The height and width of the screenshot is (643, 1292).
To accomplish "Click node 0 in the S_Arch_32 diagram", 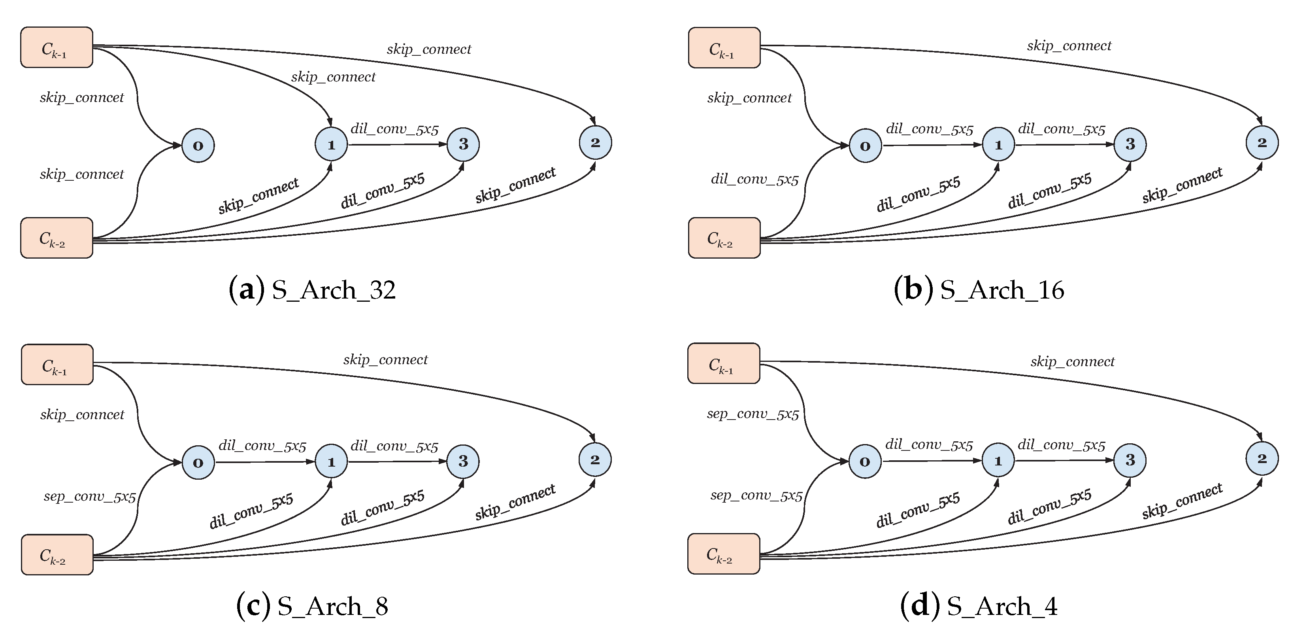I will click(198, 146).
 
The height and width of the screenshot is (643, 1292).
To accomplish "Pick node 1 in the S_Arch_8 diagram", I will click(331, 462).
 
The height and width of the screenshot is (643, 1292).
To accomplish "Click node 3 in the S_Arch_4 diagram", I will click(1130, 460).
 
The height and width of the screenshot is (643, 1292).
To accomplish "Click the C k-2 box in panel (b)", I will click(724, 238).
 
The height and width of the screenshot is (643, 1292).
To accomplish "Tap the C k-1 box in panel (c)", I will click(57, 365).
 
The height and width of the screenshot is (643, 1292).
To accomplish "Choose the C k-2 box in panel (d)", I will click(723, 554).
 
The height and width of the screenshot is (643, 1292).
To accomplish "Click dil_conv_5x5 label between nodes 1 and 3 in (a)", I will click(394, 129).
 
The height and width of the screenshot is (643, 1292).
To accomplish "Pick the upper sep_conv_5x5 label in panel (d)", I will click(753, 414).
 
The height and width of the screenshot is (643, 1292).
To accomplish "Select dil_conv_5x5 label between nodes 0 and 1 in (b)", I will click(929, 129).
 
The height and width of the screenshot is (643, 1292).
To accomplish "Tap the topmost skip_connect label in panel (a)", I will click(429, 49).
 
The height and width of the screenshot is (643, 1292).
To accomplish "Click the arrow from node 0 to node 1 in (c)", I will click(264, 462).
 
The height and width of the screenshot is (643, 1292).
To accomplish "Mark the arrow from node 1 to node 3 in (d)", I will click(1063, 460).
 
